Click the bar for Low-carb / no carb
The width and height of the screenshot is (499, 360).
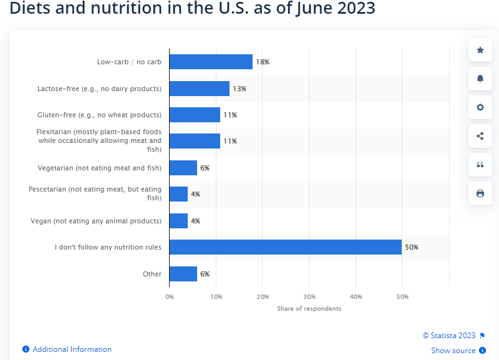coord(211,62)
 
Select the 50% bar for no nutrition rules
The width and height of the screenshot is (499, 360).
coord(285,247)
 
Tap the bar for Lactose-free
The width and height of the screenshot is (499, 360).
coord(199,89)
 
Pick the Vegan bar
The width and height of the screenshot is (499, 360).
coord(178,221)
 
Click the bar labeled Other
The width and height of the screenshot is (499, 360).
coord(183,274)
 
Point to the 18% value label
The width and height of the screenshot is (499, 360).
coord(262,62)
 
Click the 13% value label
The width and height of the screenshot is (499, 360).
coord(239,89)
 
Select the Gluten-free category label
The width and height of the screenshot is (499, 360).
coord(99,115)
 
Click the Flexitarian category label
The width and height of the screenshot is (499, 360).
coord(99,140)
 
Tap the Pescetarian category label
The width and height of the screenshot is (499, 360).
coord(95,193)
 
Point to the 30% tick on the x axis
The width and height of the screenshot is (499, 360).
coord(309,296)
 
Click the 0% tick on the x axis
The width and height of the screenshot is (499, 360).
coord(170,296)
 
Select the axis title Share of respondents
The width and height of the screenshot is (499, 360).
coord(309,308)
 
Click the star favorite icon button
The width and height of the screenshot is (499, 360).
coord(480,50)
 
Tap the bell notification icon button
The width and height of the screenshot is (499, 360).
coord(480,79)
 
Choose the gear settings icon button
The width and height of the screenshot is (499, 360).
coord(480,107)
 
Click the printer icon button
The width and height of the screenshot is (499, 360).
coord(480,193)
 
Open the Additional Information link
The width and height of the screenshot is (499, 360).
coord(72,349)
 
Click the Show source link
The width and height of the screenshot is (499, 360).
coord(453,351)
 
